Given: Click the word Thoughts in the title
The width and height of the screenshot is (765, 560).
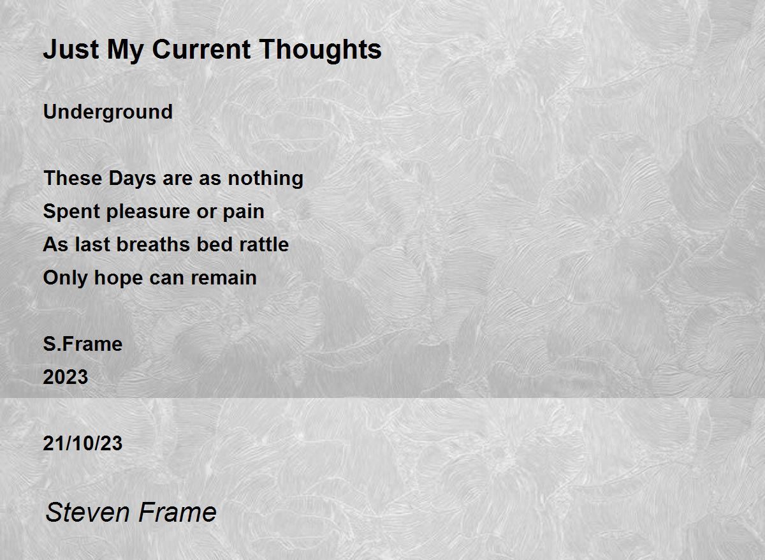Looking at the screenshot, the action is pyautogui.click(x=320, y=50).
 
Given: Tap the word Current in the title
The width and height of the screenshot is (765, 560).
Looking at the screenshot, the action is pyautogui.click(x=201, y=50).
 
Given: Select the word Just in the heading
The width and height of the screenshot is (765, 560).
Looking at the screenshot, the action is pyautogui.click(x=71, y=50).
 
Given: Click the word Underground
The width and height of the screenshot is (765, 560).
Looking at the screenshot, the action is pyautogui.click(x=108, y=112).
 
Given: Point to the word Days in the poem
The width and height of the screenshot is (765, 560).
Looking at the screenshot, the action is pyautogui.click(x=132, y=179).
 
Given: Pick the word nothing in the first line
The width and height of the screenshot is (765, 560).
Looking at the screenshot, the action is pyautogui.click(x=265, y=179).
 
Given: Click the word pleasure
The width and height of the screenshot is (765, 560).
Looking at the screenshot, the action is pyautogui.click(x=148, y=212).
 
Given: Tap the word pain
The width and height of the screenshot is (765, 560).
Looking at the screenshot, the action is pyautogui.click(x=244, y=212).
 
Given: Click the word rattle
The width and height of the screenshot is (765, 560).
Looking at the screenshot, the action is pyautogui.click(x=264, y=245).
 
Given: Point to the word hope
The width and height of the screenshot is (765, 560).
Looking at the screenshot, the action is pyautogui.click(x=118, y=279).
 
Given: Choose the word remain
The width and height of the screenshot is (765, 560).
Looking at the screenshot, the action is pyautogui.click(x=224, y=278).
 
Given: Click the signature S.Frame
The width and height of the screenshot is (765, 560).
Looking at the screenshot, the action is pyautogui.click(x=83, y=344).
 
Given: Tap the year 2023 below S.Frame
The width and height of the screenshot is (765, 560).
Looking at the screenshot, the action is pyautogui.click(x=66, y=377).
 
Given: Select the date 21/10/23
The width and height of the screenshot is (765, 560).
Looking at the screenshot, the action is pyautogui.click(x=83, y=443).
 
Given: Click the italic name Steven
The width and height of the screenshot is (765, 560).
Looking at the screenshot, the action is pyautogui.click(x=87, y=513).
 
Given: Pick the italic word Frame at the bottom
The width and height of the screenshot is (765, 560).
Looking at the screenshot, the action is pyautogui.click(x=177, y=513).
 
